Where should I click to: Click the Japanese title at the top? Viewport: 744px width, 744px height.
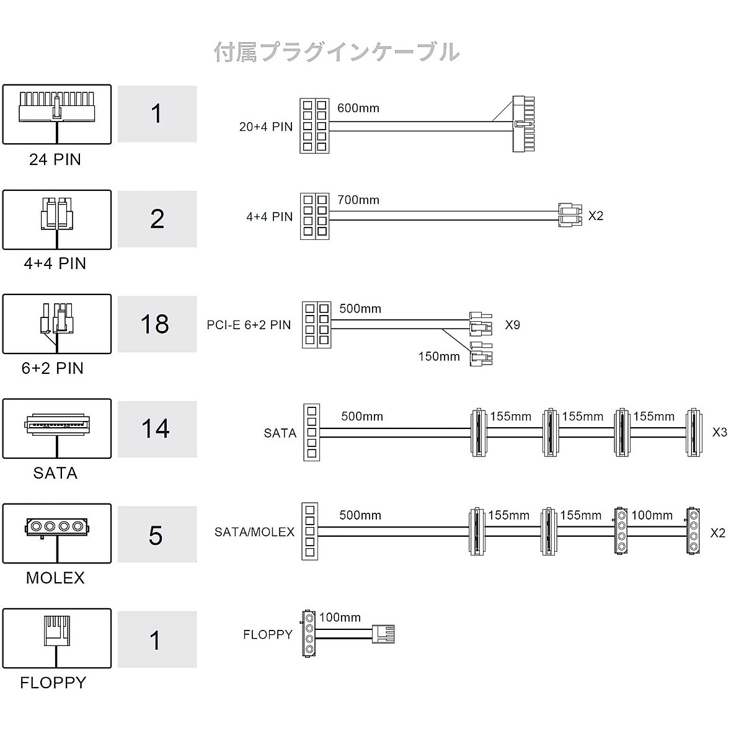tap(337, 52)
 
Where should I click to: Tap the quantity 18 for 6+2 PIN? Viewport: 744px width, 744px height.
tap(155, 324)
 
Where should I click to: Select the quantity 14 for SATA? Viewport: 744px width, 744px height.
tap(155, 428)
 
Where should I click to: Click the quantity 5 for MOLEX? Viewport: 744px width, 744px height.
tap(156, 536)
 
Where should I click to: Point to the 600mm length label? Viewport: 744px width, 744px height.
tap(358, 108)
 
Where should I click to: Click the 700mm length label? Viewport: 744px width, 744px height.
tap(358, 200)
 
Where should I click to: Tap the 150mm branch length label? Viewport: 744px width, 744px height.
tap(439, 356)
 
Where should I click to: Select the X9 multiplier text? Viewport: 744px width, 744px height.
tap(512, 325)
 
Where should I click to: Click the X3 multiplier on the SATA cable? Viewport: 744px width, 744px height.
tap(720, 432)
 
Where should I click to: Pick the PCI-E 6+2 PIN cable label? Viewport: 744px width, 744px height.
tap(249, 325)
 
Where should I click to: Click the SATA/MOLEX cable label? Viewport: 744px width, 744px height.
tap(254, 532)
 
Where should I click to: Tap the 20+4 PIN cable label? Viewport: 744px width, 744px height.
tap(266, 126)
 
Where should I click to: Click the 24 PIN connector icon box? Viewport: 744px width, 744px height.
tap(57, 114)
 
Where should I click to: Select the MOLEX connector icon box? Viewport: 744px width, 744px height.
tap(57, 534)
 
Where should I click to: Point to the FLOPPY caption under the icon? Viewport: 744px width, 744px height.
tap(53, 683)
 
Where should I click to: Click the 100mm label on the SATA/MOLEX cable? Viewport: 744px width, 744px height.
tap(652, 515)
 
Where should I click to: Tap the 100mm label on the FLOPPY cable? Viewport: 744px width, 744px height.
tap(340, 618)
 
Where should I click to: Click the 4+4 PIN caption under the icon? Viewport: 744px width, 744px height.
tap(55, 263)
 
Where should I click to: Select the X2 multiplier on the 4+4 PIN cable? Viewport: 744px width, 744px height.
tap(595, 216)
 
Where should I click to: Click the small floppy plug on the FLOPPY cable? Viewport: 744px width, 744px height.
tap(383, 634)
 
